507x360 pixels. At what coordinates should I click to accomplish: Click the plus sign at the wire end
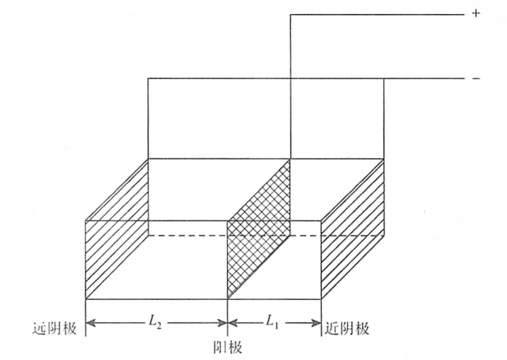476,13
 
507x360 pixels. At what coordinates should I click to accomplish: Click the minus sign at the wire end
476,79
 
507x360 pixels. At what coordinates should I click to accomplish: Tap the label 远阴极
54,328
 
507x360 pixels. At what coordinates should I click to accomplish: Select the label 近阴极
347,328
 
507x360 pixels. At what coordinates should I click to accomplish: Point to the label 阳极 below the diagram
228,348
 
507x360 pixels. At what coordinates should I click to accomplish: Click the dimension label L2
155,321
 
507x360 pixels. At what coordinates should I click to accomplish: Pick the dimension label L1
272,321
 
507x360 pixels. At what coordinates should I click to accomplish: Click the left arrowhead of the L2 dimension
91,323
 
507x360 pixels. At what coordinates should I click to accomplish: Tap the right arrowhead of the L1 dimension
316,323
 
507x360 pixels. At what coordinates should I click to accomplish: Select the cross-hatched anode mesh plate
259,228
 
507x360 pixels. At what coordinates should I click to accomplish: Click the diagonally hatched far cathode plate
117,228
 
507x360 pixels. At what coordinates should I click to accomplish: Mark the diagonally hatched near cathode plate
352,228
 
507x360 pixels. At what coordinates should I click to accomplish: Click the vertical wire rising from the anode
291,87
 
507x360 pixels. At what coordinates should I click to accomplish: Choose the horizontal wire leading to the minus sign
306,79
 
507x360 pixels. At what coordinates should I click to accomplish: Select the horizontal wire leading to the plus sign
378,15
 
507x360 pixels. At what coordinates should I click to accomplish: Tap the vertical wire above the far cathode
148,118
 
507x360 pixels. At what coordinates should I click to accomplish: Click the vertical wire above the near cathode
384,118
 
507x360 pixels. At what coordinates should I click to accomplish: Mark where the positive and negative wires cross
291,79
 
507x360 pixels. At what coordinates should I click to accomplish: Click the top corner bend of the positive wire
291,15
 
